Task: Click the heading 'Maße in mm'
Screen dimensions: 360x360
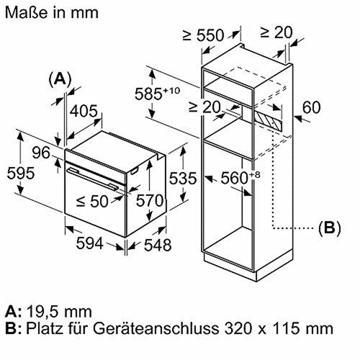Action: click(x=45, y=12)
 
